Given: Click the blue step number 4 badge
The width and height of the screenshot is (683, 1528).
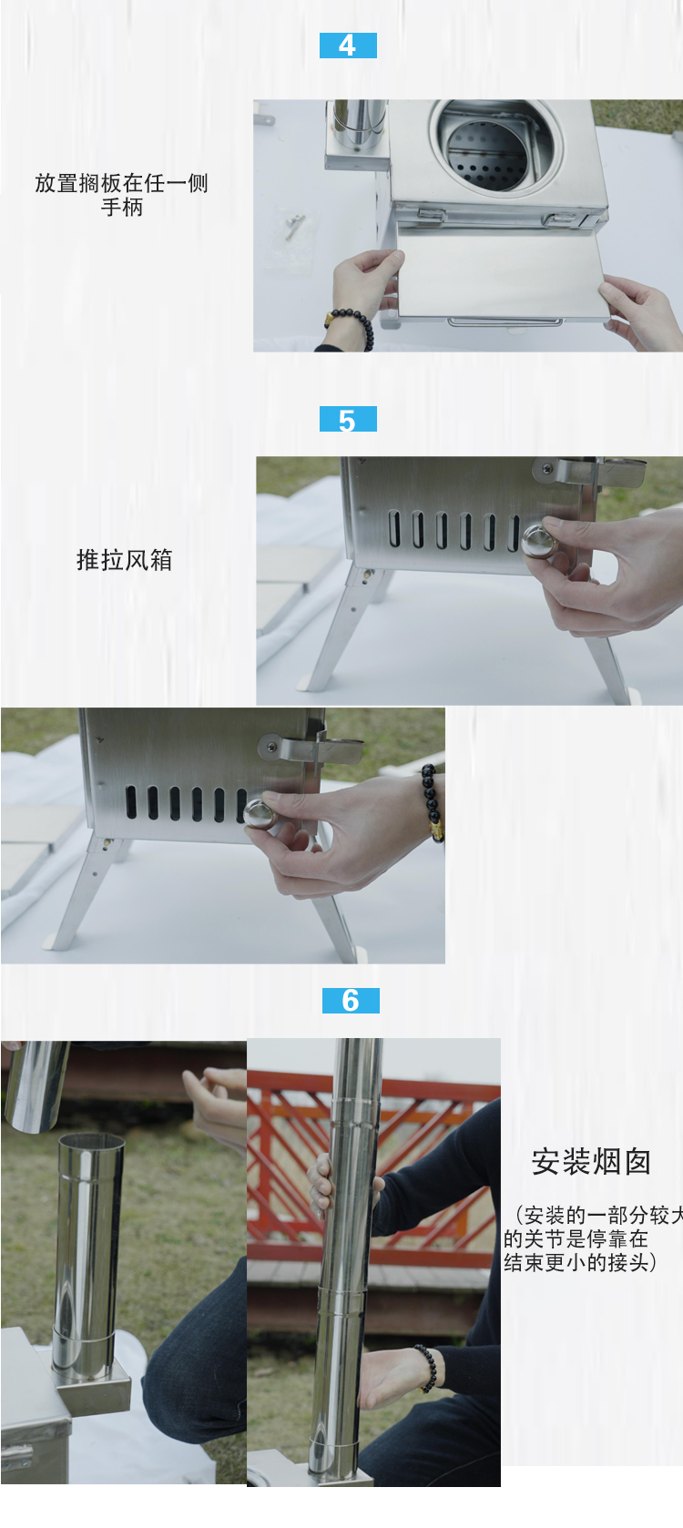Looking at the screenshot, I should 348,46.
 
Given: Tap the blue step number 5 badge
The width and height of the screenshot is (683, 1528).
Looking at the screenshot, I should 348,420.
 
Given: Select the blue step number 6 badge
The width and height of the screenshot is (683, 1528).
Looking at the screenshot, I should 351,1001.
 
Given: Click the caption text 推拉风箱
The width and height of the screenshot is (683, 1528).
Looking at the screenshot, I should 124,560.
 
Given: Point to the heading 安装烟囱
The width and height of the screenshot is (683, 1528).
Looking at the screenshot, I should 591,1162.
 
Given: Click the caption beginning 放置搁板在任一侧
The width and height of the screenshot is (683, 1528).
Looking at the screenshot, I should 121,195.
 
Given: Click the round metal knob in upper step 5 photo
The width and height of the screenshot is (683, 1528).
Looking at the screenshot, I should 538,540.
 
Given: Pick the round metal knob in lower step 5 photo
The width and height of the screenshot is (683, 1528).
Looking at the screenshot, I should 260,813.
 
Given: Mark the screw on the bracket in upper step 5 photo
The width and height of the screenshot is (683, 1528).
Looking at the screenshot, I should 547,470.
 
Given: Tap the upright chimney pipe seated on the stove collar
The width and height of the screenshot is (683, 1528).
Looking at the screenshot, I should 88,1257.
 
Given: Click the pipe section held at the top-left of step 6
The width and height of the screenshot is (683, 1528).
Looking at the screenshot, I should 36,1084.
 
